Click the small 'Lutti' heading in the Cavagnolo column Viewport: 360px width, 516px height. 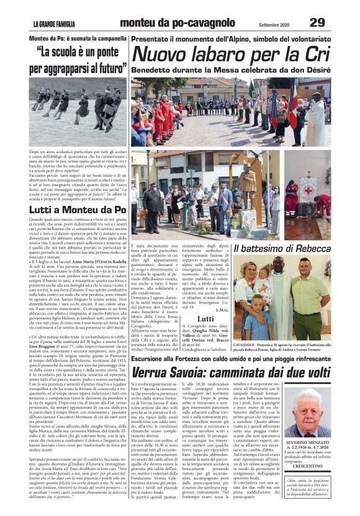[x=205, y=318]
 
